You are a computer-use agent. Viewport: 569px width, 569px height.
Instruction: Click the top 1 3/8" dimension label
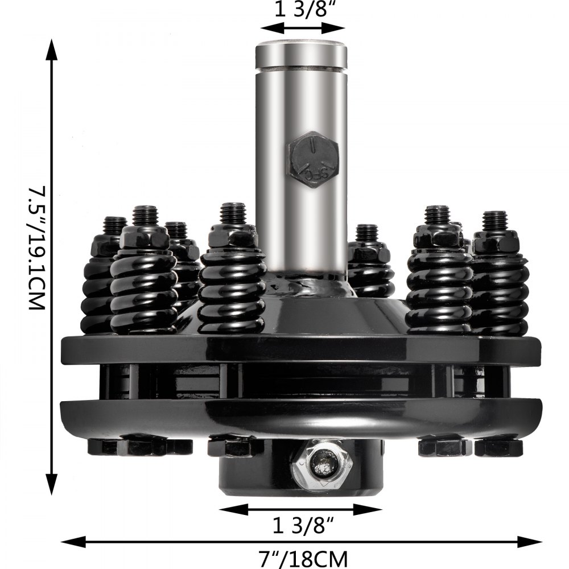pyautogui.click(x=302, y=11)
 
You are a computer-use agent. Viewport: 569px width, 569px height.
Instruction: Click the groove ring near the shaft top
pyautogui.click(x=301, y=69)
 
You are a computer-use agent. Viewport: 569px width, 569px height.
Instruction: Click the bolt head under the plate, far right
pyautogui.click(x=498, y=447)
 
